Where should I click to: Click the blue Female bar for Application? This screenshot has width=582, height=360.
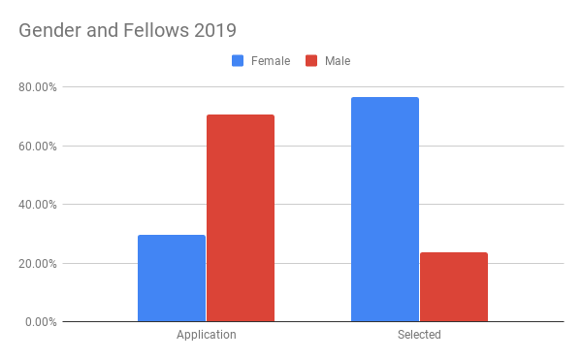pyautogui.click(x=172, y=278)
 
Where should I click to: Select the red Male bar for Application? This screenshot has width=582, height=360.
pyautogui.click(x=240, y=217)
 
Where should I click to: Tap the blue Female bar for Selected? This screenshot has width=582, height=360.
pyautogui.click(x=385, y=209)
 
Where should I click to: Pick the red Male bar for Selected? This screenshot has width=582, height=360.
pyautogui.click(x=453, y=286)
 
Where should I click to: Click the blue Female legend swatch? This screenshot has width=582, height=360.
pyautogui.click(x=238, y=61)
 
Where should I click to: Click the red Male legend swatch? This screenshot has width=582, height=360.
pyautogui.click(x=311, y=61)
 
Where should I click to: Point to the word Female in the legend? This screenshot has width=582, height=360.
pyautogui.click(x=271, y=61)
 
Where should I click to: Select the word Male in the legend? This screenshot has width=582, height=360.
pyautogui.click(x=338, y=61)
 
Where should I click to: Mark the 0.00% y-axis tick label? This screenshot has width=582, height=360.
pyautogui.click(x=42, y=322)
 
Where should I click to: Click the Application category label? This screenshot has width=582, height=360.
pyautogui.click(x=206, y=335)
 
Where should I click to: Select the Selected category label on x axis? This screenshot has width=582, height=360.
pyautogui.click(x=419, y=335)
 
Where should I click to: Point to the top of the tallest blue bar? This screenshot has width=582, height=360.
pyautogui.click(x=385, y=98)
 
